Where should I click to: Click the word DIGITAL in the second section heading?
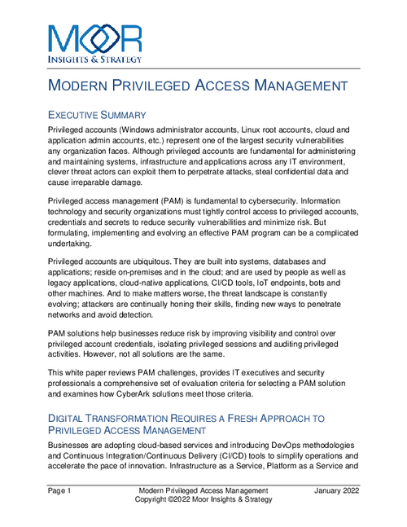72,419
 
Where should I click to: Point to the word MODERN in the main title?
82,86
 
